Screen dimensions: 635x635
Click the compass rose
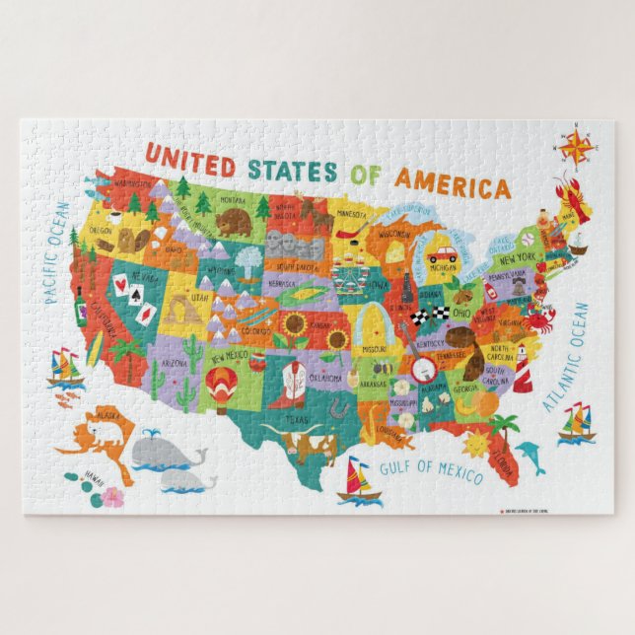(x=575, y=147)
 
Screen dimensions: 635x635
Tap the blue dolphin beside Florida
(x=530, y=455)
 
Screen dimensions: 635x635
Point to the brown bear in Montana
(x=235, y=223)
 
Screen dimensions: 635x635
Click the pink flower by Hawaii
(x=112, y=496)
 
